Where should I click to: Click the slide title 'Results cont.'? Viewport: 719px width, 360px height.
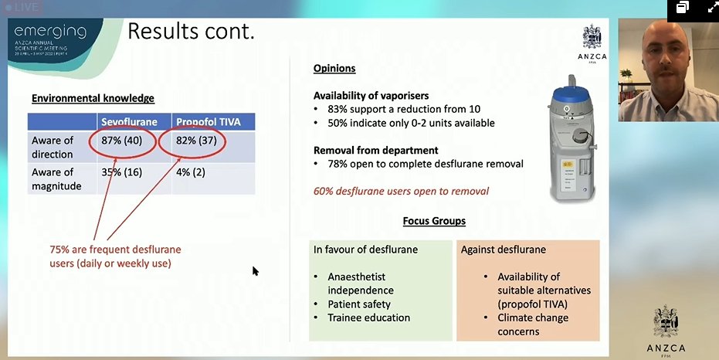click(191, 32)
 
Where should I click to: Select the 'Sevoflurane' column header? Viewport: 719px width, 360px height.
click(129, 122)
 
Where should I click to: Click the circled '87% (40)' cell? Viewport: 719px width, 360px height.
click(123, 141)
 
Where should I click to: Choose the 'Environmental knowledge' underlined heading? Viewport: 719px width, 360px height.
click(93, 98)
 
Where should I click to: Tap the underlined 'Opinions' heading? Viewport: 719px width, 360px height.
click(334, 68)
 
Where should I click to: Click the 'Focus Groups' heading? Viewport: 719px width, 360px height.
click(434, 221)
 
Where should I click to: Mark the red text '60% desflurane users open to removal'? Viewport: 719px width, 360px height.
click(401, 191)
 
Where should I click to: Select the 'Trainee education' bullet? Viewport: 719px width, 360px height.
click(368, 318)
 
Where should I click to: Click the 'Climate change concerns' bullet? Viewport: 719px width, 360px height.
click(533, 324)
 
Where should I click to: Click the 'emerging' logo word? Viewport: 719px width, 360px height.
click(49, 32)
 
